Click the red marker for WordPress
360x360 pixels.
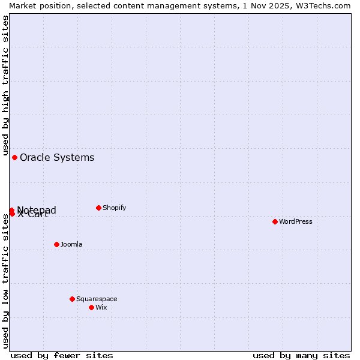(x=275, y=221)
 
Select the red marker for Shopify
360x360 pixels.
(x=98, y=208)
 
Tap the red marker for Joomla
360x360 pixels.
(x=56, y=244)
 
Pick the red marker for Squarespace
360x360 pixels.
(x=72, y=299)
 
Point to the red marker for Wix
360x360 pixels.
(x=91, y=307)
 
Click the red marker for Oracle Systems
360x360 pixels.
(x=14, y=157)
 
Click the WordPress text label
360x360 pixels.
(x=296, y=221)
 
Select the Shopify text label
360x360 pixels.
(x=114, y=208)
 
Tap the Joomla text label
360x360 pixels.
(x=71, y=244)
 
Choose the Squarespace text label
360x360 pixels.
(x=97, y=299)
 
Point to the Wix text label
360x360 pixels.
(x=101, y=307)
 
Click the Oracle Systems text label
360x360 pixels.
(x=57, y=158)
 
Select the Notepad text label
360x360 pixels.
(x=37, y=209)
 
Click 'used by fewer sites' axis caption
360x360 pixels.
(x=62, y=355)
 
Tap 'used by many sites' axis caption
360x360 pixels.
(x=301, y=355)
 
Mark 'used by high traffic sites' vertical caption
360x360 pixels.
(x=5, y=85)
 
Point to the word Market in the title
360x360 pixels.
(x=23, y=5)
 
